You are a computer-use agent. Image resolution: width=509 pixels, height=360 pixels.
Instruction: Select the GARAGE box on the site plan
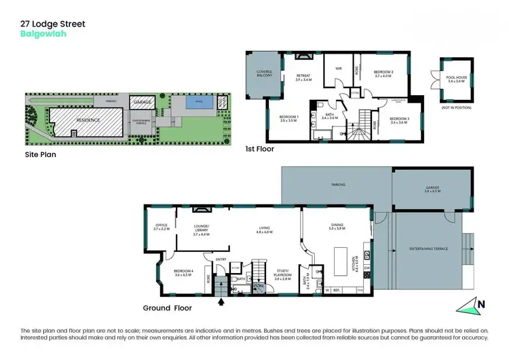(142, 102)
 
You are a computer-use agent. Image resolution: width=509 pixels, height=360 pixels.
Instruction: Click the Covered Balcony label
(264, 73)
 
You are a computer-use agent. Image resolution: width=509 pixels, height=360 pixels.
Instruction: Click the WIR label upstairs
(336, 68)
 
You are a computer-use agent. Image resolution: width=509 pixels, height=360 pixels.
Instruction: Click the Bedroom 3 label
(398, 120)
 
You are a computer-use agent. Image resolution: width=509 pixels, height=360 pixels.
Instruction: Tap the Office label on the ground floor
(161, 227)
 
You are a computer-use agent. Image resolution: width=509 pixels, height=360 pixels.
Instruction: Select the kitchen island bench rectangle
(342, 258)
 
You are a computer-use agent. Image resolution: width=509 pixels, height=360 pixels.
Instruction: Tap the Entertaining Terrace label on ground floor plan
(427, 249)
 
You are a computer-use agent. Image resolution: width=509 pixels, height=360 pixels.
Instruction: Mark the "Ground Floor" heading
(167, 308)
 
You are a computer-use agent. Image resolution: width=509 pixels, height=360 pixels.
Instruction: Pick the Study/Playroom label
(283, 276)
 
